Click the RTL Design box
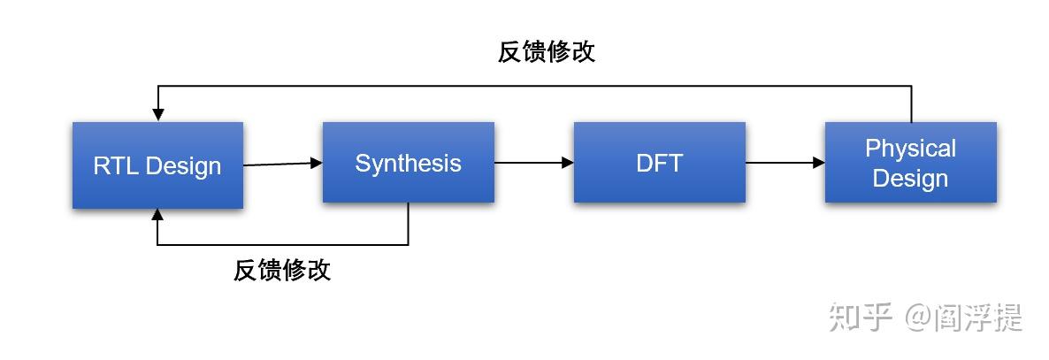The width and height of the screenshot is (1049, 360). [x=157, y=165]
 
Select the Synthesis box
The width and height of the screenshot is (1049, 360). [x=408, y=164]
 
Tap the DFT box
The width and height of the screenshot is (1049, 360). [x=659, y=163]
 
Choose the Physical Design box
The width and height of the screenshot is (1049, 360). [x=910, y=163]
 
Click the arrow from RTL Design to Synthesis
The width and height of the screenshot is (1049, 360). [x=281, y=164]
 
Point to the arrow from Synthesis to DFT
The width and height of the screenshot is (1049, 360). [x=533, y=163]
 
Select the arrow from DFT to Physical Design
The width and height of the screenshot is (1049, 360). [x=785, y=163]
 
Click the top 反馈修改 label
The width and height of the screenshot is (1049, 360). [x=547, y=52]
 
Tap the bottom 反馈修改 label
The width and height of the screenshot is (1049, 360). [x=282, y=271]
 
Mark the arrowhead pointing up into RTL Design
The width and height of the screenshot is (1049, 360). [x=157, y=215]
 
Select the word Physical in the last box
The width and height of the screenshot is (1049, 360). [x=910, y=149]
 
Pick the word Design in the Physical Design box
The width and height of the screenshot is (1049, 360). [x=910, y=179]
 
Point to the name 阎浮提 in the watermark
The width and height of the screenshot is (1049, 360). [x=977, y=317]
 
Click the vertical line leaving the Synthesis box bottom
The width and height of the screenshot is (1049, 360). [x=408, y=224]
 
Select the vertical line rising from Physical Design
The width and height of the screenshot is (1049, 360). [x=911, y=103]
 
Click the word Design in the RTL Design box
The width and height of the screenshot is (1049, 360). [x=184, y=166]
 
